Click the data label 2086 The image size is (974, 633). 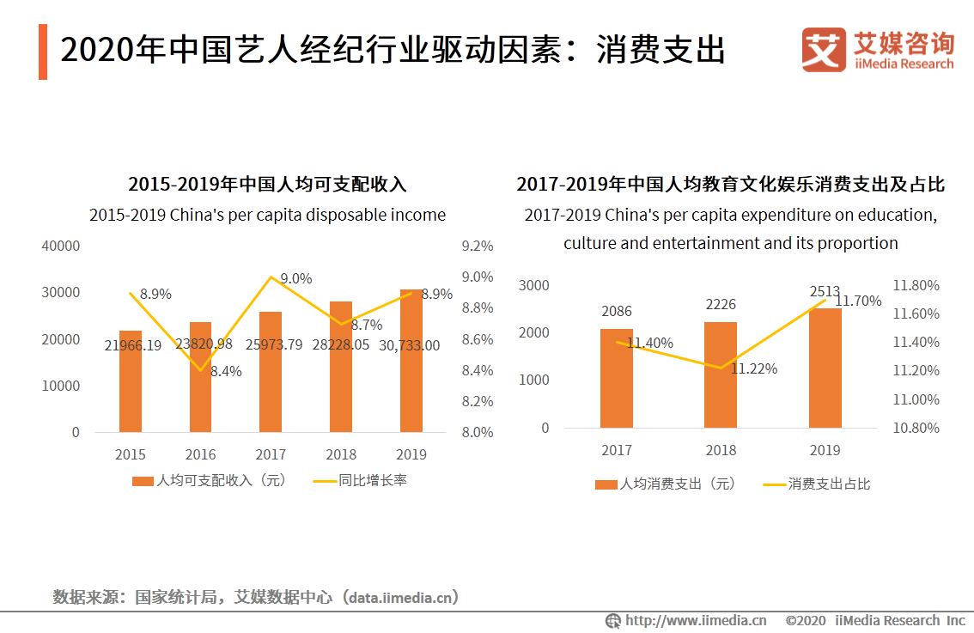tap(617, 312)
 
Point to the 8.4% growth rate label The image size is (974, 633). tap(226, 372)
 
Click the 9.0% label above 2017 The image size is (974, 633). tap(296, 278)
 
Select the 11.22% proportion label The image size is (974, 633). tap(754, 368)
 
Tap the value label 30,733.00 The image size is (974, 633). tap(410, 345)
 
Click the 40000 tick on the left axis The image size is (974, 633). tap(61, 246)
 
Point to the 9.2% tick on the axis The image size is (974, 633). tap(478, 246)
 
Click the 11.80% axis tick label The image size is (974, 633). tap(916, 285)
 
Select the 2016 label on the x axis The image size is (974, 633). tap(200, 454)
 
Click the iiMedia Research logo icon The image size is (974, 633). tap(824, 50)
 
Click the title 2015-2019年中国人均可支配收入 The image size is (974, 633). tap(267, 184)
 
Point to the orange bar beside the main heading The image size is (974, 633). tap(43, 52)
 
